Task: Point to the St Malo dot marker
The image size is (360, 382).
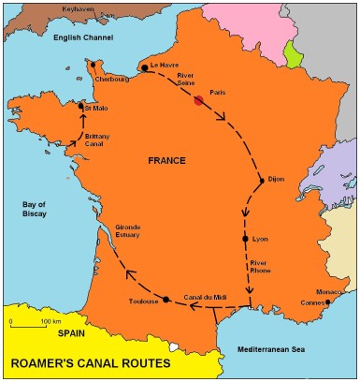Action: [x=81, y=108]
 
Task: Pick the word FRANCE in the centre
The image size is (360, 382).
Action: [x=168, y=161]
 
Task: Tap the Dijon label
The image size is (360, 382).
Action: [x=275, y=178]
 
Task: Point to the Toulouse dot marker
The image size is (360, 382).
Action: [x=166, y=300]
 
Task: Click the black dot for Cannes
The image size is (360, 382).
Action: [x=327, y=301]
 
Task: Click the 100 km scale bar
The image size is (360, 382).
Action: [x=29, y=323]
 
